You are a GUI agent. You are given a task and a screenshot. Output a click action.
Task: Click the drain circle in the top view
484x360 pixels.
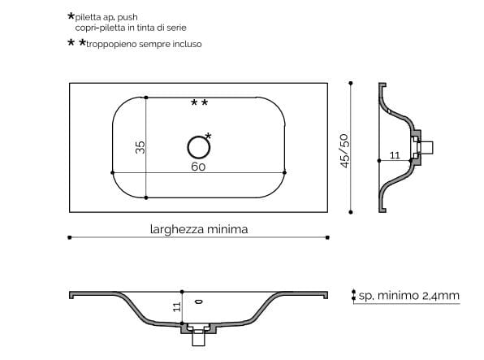coord(197,146)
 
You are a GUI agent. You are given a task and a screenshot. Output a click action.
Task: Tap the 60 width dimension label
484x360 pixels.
coord(197,166)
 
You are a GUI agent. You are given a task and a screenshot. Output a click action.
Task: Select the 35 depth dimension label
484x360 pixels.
coord(140,147)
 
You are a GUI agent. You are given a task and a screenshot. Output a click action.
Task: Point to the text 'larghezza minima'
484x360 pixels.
coord(198,229)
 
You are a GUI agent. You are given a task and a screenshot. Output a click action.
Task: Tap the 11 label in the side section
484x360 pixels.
coord(395,154)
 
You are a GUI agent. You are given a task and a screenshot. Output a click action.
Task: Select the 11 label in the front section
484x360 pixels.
coord(176,306)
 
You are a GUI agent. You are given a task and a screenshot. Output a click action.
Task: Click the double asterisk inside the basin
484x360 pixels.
coord(199,103)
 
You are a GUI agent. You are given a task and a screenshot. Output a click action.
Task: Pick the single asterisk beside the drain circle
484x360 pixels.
coord(209,136)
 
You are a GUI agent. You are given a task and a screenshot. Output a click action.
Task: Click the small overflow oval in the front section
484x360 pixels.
coord(199,302)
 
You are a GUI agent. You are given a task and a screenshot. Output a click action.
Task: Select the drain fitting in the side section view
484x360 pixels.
coord(424,147)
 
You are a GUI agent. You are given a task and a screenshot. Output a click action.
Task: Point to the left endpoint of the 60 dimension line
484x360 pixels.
coord(111,171)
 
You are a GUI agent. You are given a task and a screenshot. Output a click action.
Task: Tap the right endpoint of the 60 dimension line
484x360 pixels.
coord(286,171)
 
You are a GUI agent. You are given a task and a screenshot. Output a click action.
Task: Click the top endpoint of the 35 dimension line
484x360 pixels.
coord(145,98)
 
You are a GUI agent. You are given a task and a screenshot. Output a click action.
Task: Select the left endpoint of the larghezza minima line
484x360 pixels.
coord(70,237)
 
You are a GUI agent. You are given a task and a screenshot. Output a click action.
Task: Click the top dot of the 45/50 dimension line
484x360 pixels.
coord(350,83)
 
